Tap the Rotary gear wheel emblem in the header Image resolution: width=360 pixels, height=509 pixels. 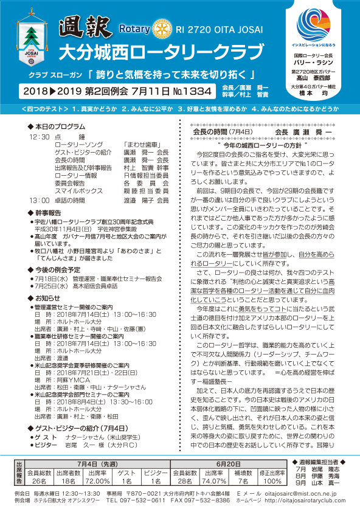point(160,29)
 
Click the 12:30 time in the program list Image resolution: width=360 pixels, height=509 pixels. point(38,137)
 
